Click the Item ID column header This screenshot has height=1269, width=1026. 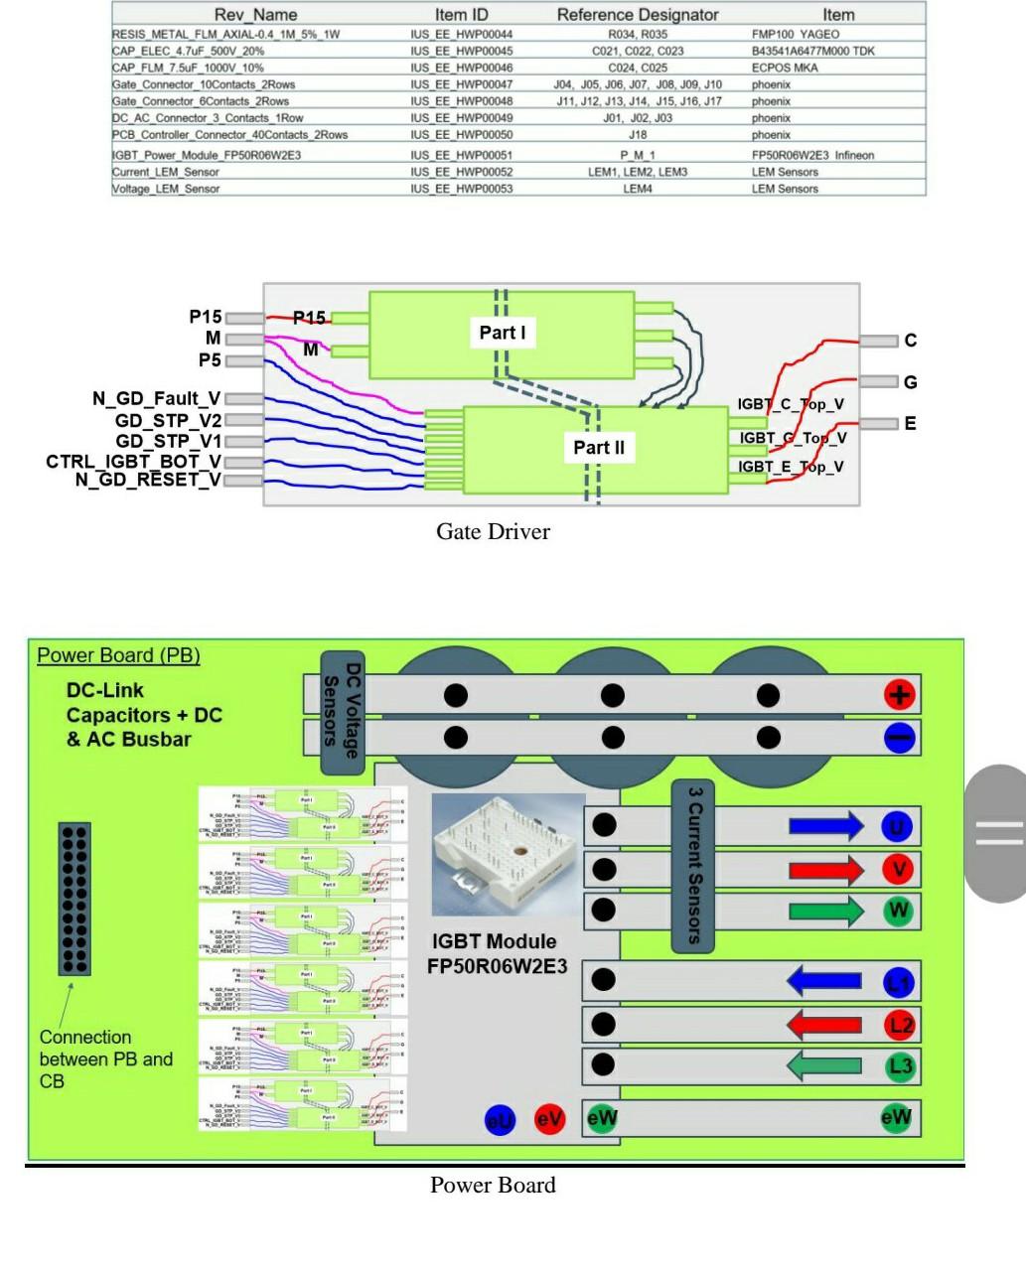point(461,15)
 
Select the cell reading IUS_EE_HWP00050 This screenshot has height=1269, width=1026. point(461,135)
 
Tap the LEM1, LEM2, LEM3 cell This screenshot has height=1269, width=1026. point(637,172)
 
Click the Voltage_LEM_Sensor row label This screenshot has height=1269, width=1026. point(166,189)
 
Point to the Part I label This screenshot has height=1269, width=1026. point(503,333)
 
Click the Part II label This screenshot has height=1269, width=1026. point(599,448)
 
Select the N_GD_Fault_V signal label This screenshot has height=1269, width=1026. point(157,399)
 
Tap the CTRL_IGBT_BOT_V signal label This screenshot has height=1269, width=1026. point(133,462)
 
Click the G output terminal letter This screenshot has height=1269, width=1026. point(910,382)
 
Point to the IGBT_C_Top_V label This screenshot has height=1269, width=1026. point(791,404)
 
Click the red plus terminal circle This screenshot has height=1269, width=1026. point(899,695)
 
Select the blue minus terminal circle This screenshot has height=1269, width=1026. point(899,738)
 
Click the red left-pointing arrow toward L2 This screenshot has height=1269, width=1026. point(824,1024)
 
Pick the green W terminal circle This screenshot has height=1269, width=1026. point(898,911)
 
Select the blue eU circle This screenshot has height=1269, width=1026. point(500,1120)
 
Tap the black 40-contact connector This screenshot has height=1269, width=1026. point(75,898)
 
